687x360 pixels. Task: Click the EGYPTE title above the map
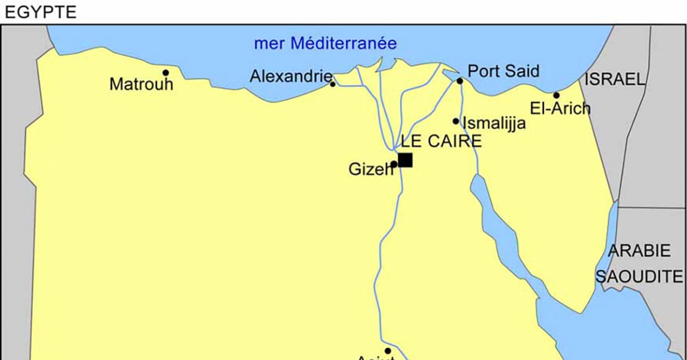pos(41,13)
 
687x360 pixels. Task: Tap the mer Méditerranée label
pos(325,44)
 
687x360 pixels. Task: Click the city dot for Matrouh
pos(166,73)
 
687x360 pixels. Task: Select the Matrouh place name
pos(141,85)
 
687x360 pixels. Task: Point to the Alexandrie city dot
pos(333,84)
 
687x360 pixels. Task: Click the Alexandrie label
pos(290,76)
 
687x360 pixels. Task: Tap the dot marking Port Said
pos(460,81)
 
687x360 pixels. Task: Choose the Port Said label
pos(503,72)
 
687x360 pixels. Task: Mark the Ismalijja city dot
pos(456,121)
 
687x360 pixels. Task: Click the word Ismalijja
pos(494,123)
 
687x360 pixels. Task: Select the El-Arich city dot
pos(556,95)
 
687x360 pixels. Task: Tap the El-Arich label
pos(561,108)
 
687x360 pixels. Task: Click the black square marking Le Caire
pos(406,160)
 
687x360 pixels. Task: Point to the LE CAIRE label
pos(441,142)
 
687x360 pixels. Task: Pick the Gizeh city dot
pos(394,164)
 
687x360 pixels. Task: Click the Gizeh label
pos(370,170)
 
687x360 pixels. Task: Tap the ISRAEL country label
pos(615,79)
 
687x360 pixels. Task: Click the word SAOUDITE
pos(639,277)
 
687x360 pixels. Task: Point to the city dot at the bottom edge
pos(388,351)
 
